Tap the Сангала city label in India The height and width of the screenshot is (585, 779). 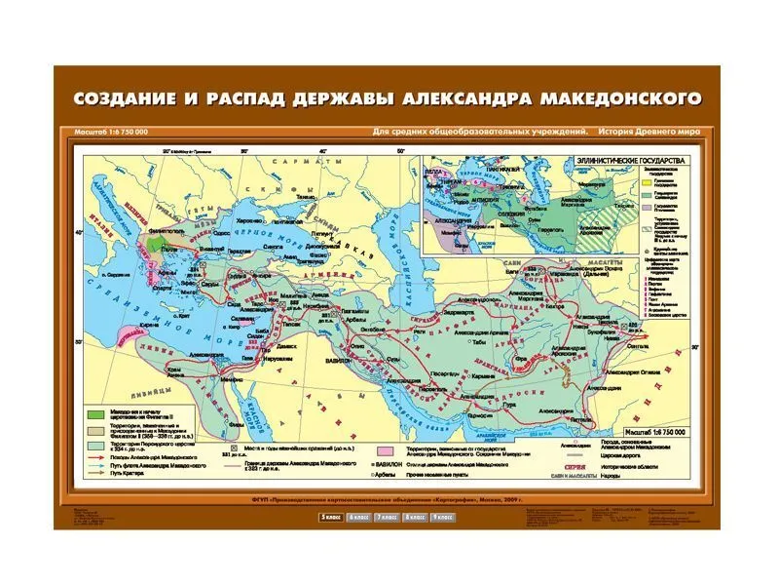[639, 345]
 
